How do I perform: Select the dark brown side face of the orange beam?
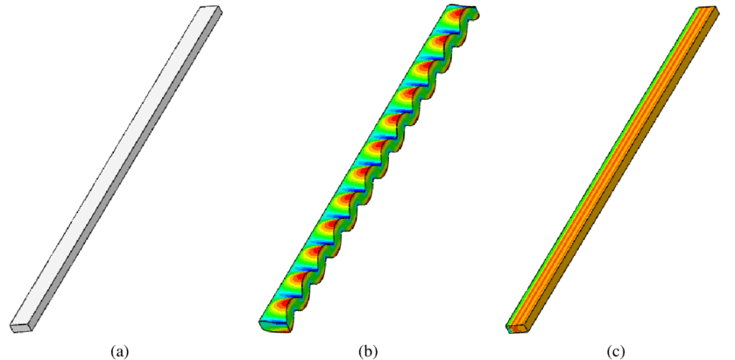coord(624,175)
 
